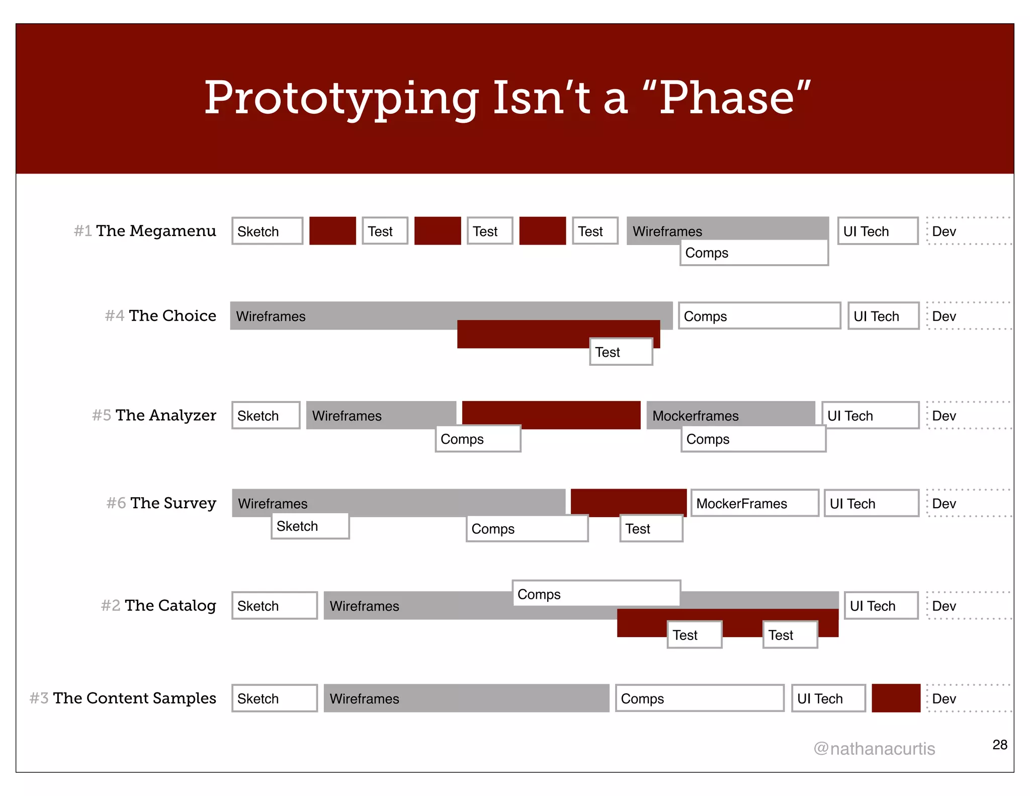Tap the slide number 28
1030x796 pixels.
click(999, 745)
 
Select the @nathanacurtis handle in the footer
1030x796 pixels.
click(874, 749)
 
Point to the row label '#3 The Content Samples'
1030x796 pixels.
click(123, 698)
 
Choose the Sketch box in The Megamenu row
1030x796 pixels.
click(267, 231)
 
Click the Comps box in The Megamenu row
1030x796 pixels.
click(753, 253)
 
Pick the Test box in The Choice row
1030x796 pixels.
click(621, 352)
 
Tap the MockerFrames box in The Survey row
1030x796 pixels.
click(754, 503)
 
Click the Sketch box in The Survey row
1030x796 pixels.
click(310, 526)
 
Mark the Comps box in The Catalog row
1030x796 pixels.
click(596, 594)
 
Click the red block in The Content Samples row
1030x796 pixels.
click(896, 698)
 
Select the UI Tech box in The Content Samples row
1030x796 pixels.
click(828, 698)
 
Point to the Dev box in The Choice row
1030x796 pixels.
click(968, 316)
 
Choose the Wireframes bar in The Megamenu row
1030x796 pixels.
click(727, 228)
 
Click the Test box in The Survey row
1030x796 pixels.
click(651, 528)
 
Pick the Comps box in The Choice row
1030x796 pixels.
click(759, 316)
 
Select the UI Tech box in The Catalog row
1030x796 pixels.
click(881, 606)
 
